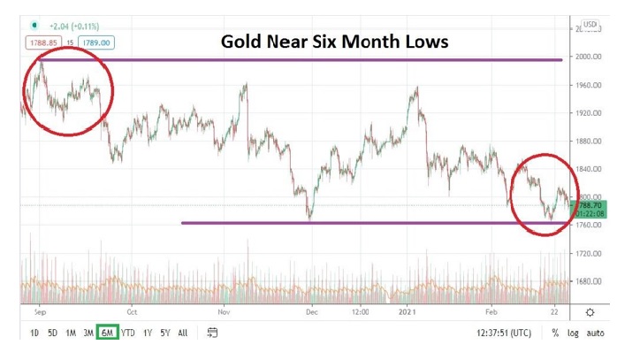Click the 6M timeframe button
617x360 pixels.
tap(108, 333)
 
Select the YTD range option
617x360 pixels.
tap(128, 333)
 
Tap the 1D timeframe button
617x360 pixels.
tap(34, 333)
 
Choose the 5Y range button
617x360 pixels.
tap(165, 333)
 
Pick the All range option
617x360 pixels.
tap(183, 333)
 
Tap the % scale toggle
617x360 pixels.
tap(555, 333)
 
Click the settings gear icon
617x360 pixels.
tap(590, 311)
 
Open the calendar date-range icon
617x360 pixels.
tap(213, 333)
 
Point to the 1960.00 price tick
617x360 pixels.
tap(588, 85)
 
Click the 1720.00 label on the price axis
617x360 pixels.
tap(588, 254)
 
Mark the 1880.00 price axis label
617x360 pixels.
tap(588, 142)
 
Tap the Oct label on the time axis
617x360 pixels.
tap(132, 311)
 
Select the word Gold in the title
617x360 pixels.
tap(242, 41)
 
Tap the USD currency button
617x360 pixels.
tap(590, 26)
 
